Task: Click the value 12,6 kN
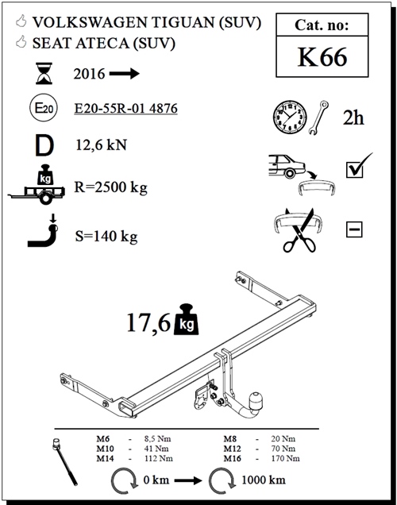[x=102, y=146]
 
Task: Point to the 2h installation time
[x=354, y=118]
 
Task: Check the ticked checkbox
[x=354, y=168]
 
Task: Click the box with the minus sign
[x=354, y=230]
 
